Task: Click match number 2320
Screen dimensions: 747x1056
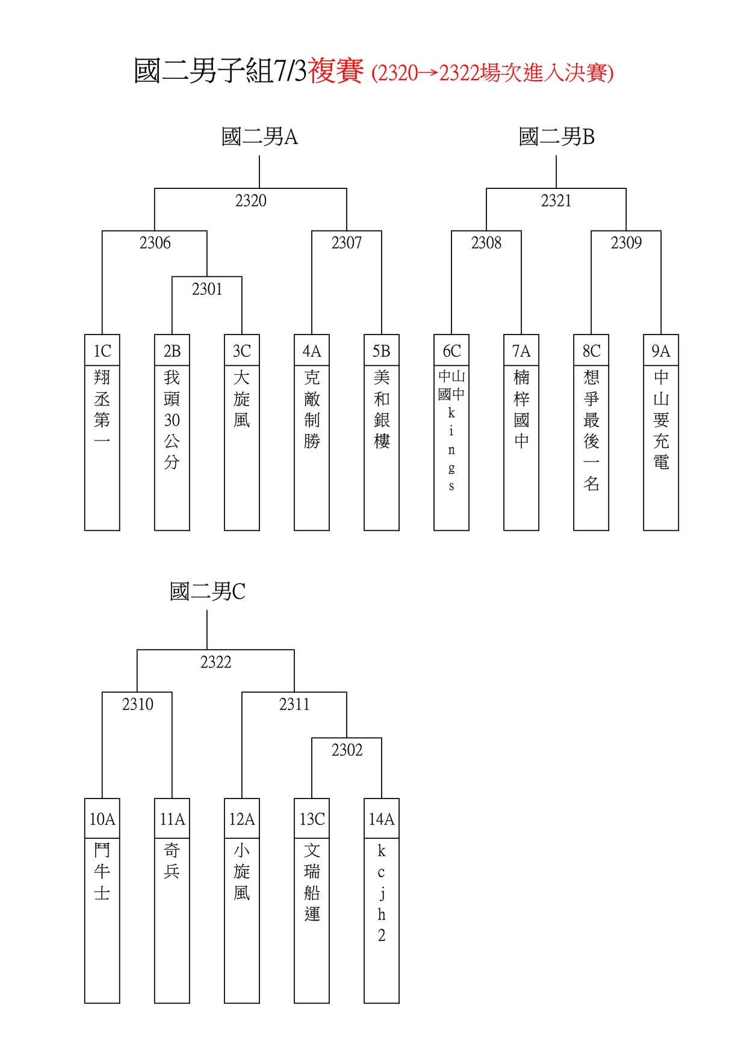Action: click(250, 200)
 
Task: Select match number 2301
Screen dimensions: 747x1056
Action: click(207, 289)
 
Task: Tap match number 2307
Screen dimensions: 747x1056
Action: click(347, 242)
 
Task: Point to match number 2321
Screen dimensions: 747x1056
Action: click(556, 200)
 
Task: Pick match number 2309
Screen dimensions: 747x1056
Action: click(626, 242)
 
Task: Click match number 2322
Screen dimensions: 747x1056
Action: click(215, 662)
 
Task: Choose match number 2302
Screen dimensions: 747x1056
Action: click(347, 750)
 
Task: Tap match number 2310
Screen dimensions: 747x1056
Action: click(137, 704)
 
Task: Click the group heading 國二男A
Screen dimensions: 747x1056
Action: click(259, 137)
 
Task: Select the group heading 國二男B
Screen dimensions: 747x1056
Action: click(557, 137)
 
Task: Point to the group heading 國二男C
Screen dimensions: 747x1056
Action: click(207, 591)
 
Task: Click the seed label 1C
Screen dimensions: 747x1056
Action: click(102, 351)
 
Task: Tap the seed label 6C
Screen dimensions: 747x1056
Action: click(451, 351)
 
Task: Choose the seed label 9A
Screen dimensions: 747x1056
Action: click(661, 351)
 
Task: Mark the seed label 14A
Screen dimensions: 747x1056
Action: click(382, 819)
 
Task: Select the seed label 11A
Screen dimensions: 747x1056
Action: click(172, 819)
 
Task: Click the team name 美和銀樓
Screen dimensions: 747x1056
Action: click(382, 409)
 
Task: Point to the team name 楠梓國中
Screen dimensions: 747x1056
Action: click(521, 409)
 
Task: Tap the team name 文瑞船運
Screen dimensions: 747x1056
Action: click(312, 882)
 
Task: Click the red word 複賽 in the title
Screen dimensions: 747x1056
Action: click(336, 70)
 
